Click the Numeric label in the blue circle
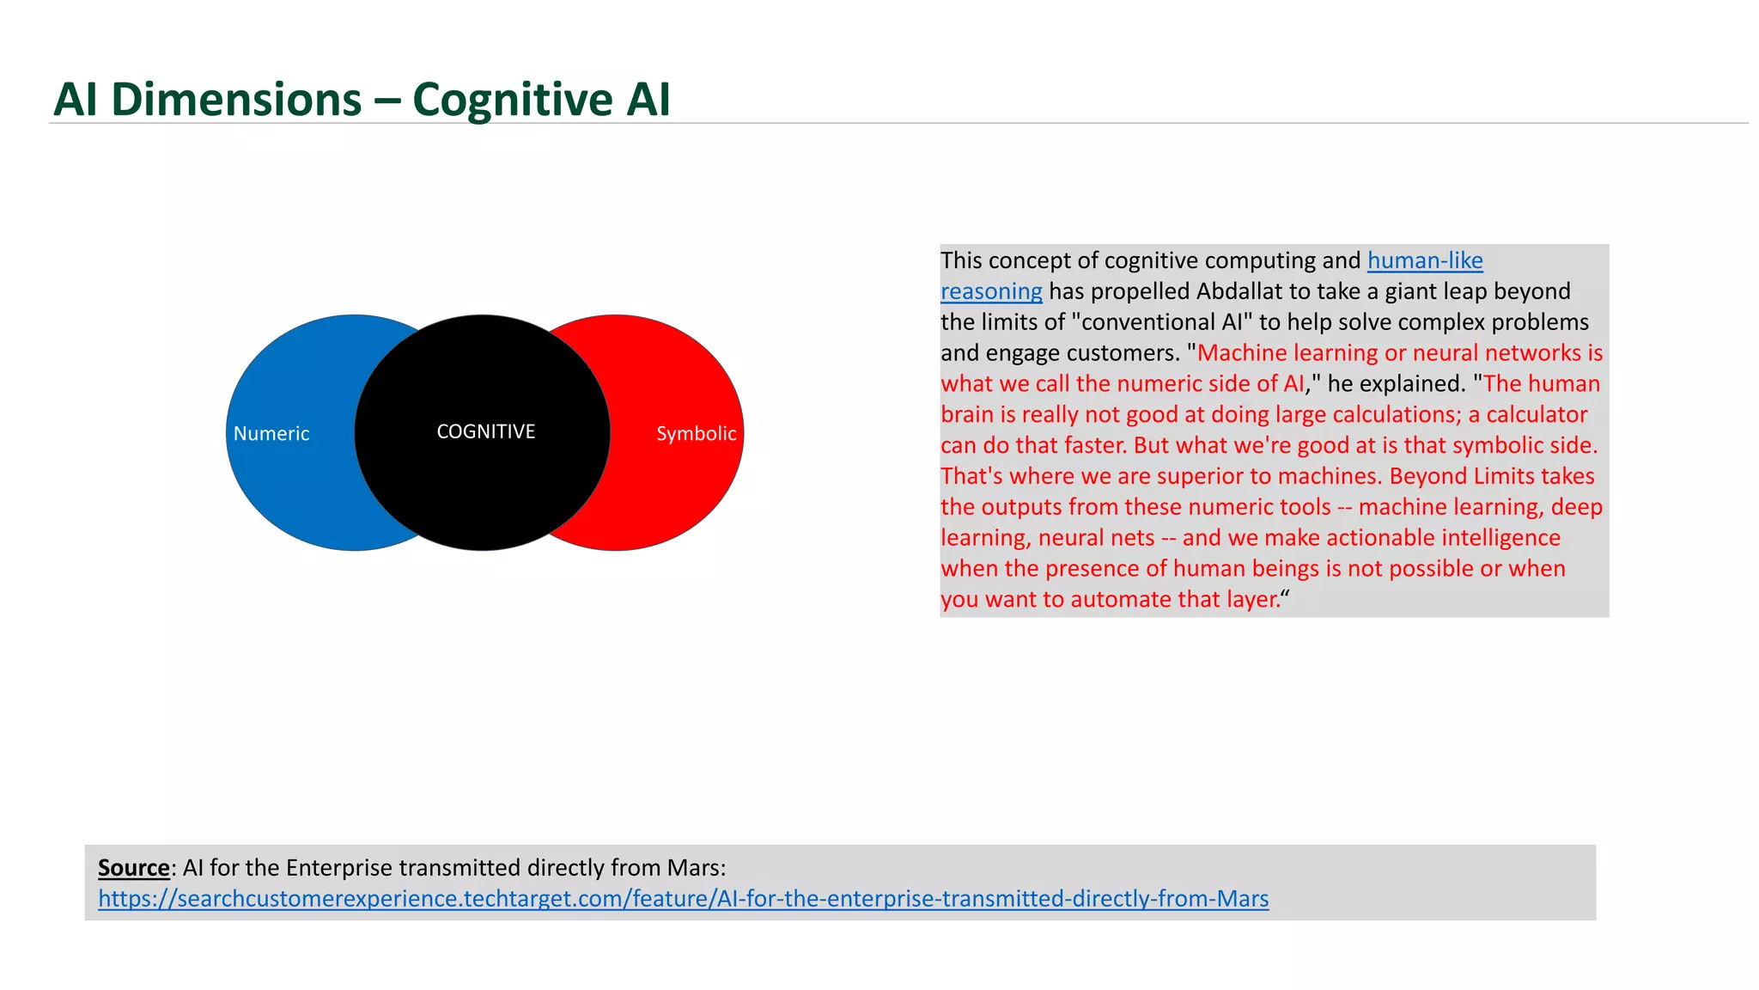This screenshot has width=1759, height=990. (x=271, y=434)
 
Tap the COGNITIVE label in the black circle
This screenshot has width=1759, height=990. (x=485, y=431)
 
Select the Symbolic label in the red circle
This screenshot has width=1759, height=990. (x=696, y=434)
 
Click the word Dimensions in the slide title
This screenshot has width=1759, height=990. (x=236, y=100)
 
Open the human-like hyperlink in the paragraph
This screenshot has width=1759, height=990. (x=1424, y=260)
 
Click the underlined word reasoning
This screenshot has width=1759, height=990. (x=991, y=291)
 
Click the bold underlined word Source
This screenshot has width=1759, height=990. (x=133, y=868)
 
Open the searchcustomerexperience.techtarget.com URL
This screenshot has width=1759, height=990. (x=683, y=899)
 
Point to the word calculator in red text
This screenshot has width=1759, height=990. (x=1537, y=414)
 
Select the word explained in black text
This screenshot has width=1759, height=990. (x=1409, y=383)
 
